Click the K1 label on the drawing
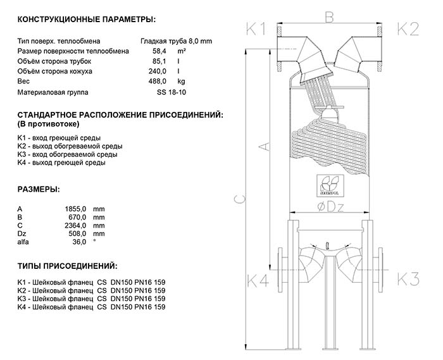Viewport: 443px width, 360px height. pyautogui.click(x=258, y=28)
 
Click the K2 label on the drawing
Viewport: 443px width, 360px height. pyautogui.click(x=408, y=28)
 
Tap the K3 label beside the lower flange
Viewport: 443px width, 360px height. pyautogui.click(x=408, y=279)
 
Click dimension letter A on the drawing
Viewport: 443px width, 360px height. pyautogui.click(x=266, y=147)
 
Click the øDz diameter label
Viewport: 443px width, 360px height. pyautogui.click(x=330, y=206)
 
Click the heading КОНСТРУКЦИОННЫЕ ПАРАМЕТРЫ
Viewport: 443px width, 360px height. pyautogui.click(x=85, y=21)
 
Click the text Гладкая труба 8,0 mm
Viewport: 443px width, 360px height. pyautogui.click(x=177, y=41)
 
